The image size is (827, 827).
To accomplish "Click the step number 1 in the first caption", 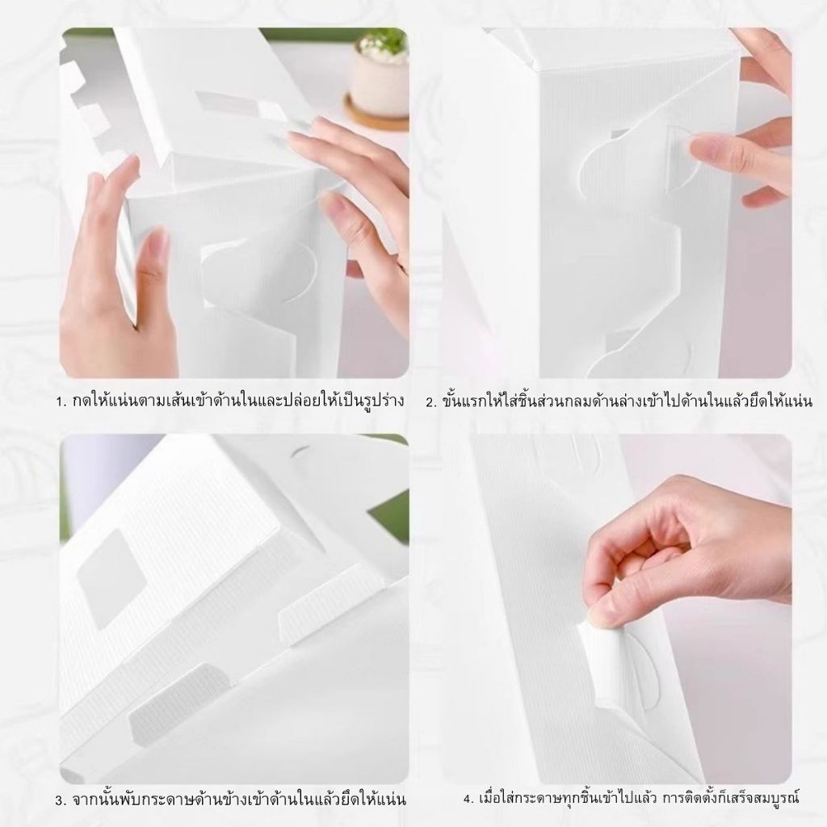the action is (x=60, y=401).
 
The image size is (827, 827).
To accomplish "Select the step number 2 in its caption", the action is (x=431, y=402).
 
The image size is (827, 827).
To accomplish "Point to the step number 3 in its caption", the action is (x=60, y=800).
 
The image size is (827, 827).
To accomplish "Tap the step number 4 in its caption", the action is (x=468, y=799).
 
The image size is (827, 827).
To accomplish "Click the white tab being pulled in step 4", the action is (x=600, y=665).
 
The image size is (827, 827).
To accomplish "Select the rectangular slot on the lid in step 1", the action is (x=240, y=107).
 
